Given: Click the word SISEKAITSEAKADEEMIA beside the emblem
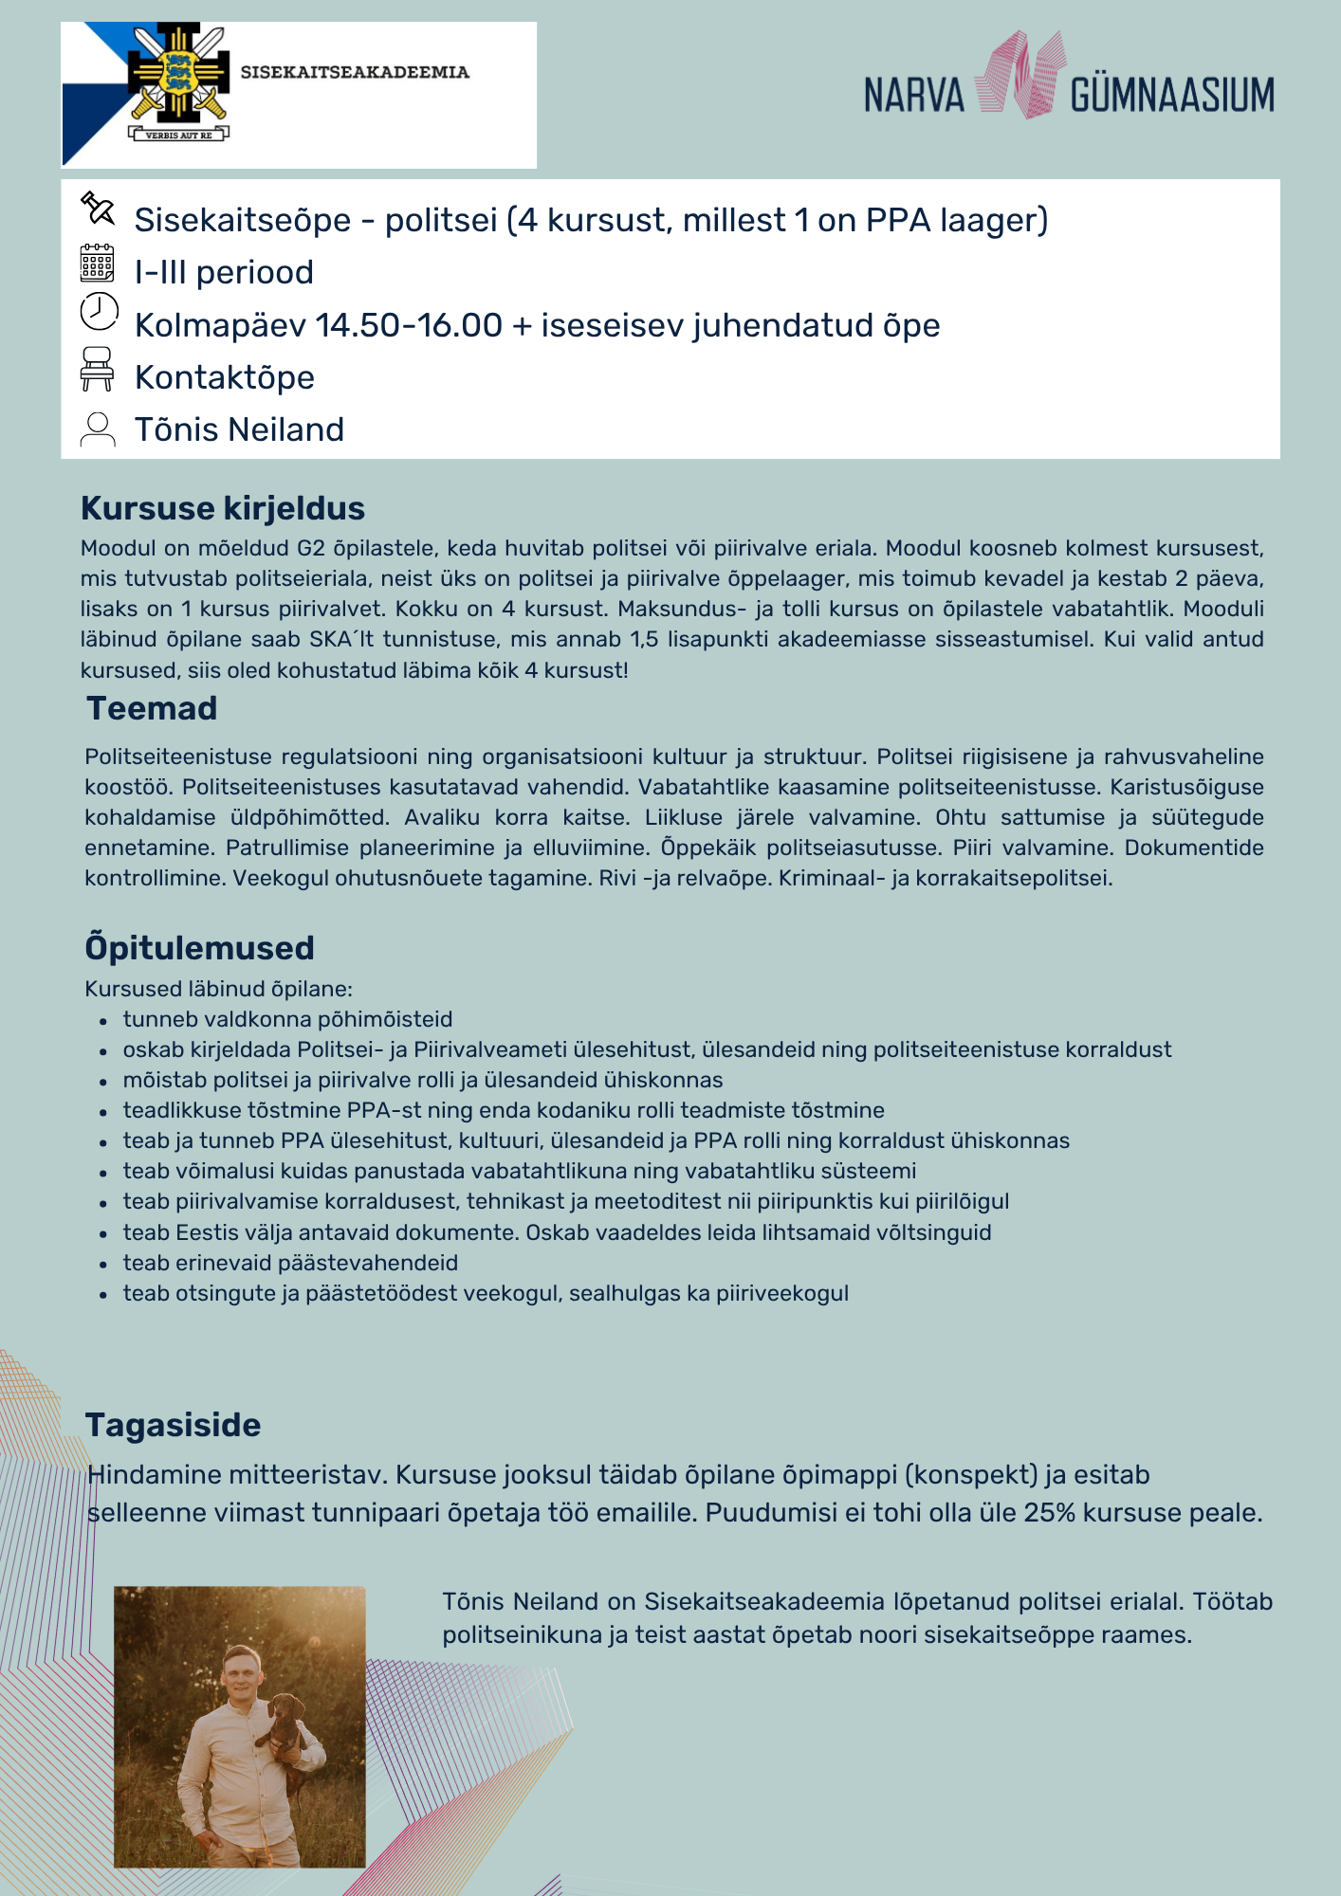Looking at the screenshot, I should (x=355, y=72).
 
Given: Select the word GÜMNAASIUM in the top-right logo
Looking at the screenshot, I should (x=1172, y=96).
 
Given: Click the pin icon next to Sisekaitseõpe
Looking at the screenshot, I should (x=98, y=209).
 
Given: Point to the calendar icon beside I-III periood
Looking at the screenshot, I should (x=98, y=264).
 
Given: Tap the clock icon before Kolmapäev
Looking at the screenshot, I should (x=99, y=312).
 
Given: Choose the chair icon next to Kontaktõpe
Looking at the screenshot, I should (x=98, y=369).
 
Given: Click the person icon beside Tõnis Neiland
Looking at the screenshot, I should (x=98, y=428).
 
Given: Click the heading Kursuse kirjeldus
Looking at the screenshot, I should (x=223, y=508).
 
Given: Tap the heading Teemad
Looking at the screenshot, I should (x=152, y=708).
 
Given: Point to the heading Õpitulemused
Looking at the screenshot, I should (x=199, y=948).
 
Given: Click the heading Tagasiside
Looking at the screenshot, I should (x=173, y=1425).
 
